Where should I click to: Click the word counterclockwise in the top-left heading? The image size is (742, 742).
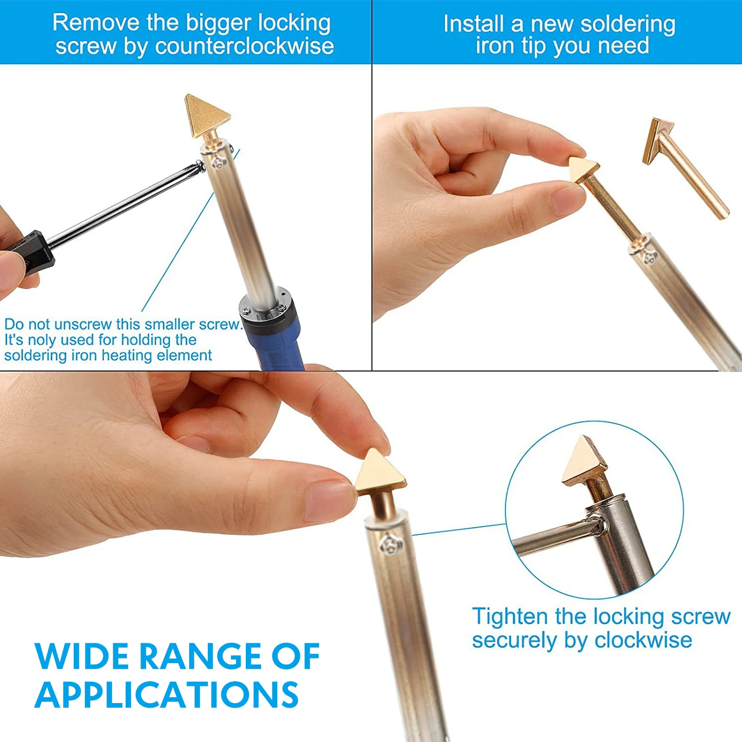pos(244,46)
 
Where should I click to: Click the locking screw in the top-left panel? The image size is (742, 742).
pos(219,163)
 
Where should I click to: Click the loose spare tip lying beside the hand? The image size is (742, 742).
pos(685,168)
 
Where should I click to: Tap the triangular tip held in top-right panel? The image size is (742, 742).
pos(584,170)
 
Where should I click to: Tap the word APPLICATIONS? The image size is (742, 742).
pos(166,695)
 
